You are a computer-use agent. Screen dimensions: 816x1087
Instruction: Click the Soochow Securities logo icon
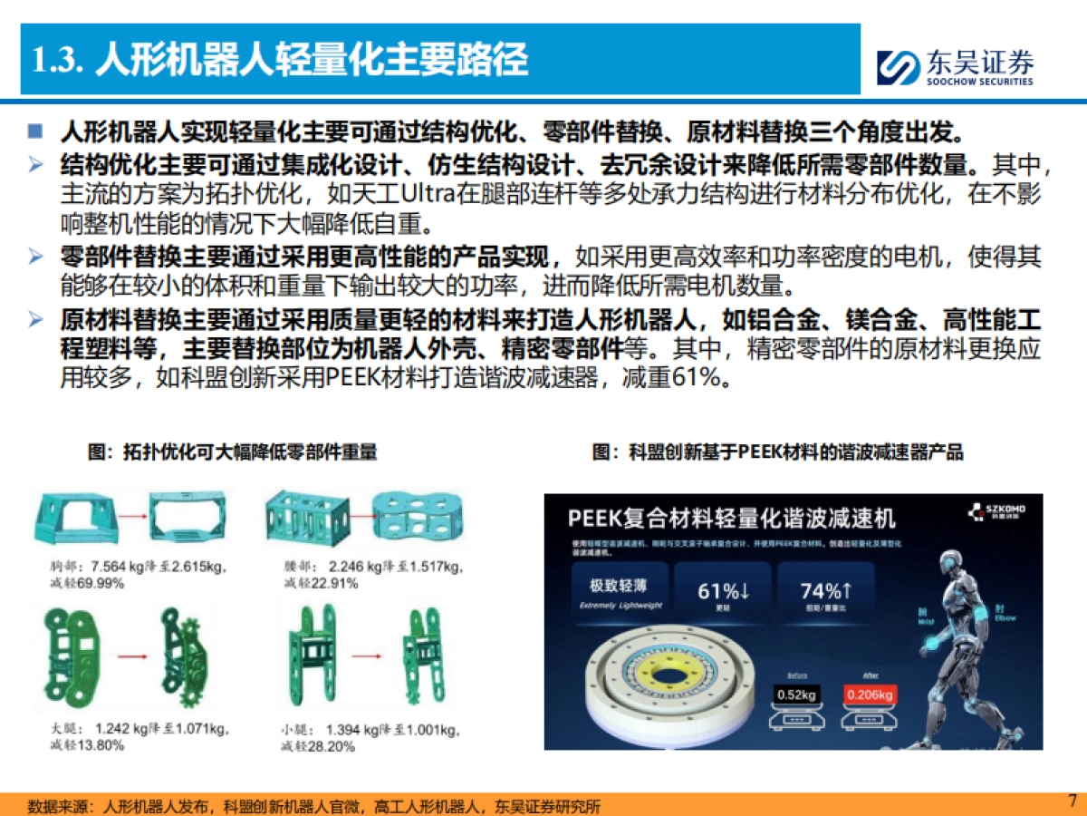[x=897, y=66]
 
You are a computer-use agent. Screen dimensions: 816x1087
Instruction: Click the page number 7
[x=1073, y=801]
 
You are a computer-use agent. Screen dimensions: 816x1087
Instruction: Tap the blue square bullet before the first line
[x=35, y=131]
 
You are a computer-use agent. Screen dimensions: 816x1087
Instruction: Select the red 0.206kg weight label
[x=870, y=695]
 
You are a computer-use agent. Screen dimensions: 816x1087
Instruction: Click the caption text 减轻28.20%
[x=318, y=746]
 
